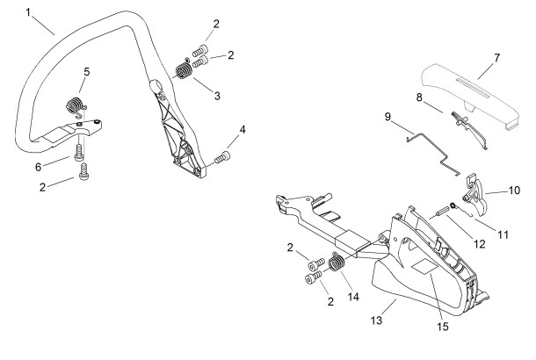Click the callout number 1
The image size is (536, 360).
[x=28, y=13]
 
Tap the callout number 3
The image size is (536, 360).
[x=217, y=96]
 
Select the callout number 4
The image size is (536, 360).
[x=243, y=130]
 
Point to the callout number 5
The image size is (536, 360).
[x=86, y=72]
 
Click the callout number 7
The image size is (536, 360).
[x=496, y=58]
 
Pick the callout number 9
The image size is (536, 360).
[x=388, y=117]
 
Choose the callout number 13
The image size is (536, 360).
[x=376, y=320]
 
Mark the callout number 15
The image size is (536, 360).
[x=443, y=327]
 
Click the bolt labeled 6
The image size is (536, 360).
[x=78, y=153]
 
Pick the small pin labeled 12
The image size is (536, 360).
[x=438, y=213]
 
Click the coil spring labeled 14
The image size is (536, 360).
[x=336, y=263]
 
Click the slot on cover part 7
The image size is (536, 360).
[x=475, y=87]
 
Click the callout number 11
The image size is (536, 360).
[x=503, y=234]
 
